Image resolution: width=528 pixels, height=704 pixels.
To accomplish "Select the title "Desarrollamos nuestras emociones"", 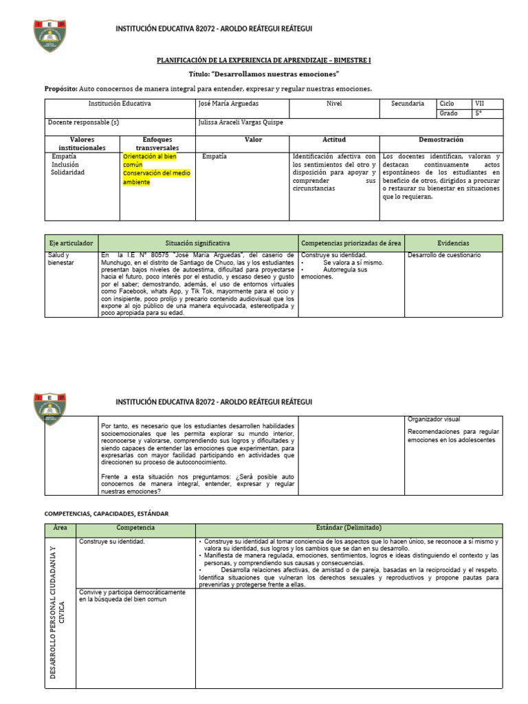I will (264, 74).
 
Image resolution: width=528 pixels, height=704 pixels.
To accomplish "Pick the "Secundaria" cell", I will (408, 104).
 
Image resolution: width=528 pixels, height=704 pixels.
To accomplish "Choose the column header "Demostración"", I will (441, 140).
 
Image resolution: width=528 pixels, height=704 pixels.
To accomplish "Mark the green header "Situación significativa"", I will (198, 243).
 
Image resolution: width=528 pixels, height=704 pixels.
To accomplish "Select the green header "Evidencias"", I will (453, 243).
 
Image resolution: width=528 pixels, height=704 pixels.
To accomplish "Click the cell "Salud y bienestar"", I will (60, 258).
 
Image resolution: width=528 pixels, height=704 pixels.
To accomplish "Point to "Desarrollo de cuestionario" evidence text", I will (444, 255).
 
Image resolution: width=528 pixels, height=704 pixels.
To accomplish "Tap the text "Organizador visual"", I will (434, 419).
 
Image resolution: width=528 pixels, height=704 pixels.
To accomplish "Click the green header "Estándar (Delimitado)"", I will (349, 528).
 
